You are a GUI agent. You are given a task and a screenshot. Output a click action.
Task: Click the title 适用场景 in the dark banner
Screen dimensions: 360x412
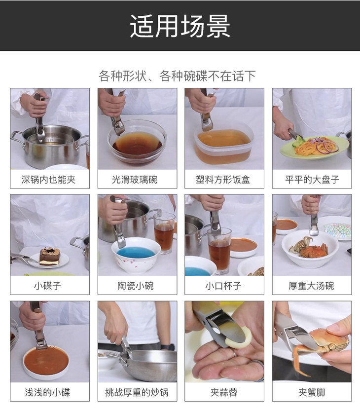click(x=180, y=26)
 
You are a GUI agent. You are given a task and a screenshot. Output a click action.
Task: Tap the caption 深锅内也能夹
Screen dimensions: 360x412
click(x=49, y=180)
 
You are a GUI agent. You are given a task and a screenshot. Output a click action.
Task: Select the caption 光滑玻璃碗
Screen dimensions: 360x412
click(x=135, y=180)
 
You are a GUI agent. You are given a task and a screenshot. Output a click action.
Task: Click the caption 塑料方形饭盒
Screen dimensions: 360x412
click(x=223, y=180)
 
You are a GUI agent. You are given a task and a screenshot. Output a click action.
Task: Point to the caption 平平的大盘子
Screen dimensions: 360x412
click(x=312, y=180)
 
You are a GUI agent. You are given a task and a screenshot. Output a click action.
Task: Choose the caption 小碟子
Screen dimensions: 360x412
click(x=47, y=286)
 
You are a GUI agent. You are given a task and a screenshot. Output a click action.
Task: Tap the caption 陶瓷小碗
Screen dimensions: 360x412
click(x=136, y=286)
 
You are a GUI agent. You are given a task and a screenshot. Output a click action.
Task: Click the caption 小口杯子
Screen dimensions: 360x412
click(x=223, y=286)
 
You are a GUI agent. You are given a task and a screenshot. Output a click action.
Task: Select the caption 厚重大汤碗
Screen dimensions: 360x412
click(x=311, y=286)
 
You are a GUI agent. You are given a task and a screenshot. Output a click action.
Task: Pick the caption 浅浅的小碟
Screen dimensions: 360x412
click(x=47, y=393)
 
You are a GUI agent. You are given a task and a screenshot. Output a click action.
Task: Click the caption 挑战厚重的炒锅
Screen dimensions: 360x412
click(x=137, y=393)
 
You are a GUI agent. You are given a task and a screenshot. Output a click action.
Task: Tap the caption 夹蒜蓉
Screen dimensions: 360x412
click(x=224, y=393)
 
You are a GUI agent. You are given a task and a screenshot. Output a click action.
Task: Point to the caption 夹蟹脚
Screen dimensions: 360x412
click(x=312, y=393)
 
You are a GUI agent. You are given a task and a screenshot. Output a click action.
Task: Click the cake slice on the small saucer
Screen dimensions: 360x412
click(x=50, y=257)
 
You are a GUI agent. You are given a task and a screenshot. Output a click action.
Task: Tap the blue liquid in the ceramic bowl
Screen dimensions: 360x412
click(x=136, y=253)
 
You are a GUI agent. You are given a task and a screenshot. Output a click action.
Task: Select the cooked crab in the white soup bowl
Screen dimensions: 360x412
click(x=309, y=248)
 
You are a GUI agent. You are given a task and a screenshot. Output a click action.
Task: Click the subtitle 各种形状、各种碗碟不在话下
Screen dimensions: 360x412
click(x=177, y=76)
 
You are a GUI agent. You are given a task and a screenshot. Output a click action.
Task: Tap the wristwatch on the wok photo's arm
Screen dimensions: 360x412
click(x=168, y=347)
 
